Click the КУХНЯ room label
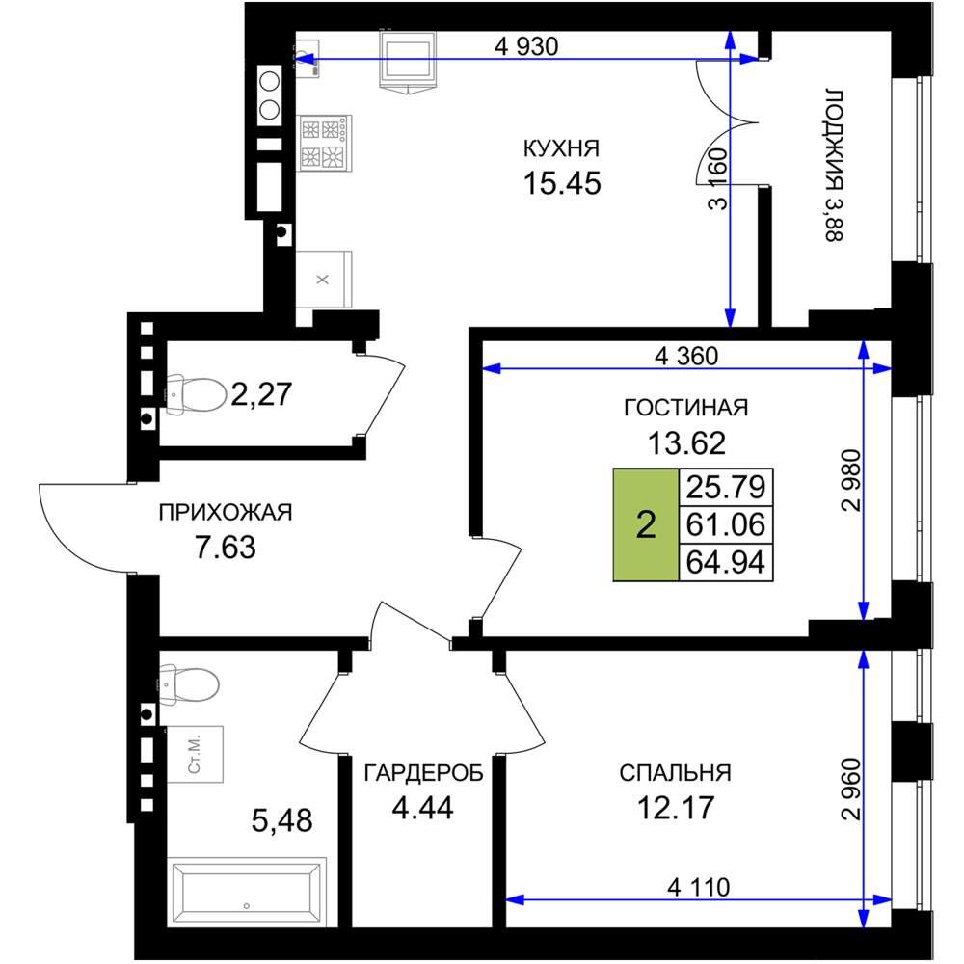[x=561, y=148]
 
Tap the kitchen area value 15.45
[x=562, y=183]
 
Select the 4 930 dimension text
[x=526, y=46]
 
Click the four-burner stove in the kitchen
[x=324, y=143]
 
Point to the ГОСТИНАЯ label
[x=686, y=408]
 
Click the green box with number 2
[x=646, y=524]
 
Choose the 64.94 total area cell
[x=726, y=562]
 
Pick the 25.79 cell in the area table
[x=726, y=487]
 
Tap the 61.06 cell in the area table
[x=726, y=524]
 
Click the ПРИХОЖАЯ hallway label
[x=226, y=512]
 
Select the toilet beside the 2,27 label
[x=196, y=394]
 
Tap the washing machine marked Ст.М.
[x=195, y=754]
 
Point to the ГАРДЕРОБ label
[x=423, y=773]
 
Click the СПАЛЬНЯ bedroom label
[x=675, y=773]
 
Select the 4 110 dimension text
[x=698, y=887]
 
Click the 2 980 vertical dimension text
[x=851, y=481]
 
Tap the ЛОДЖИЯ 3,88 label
[x=833, y=166]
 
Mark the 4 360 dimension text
[x=686, y=356]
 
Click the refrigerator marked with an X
[x=324, y=280]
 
